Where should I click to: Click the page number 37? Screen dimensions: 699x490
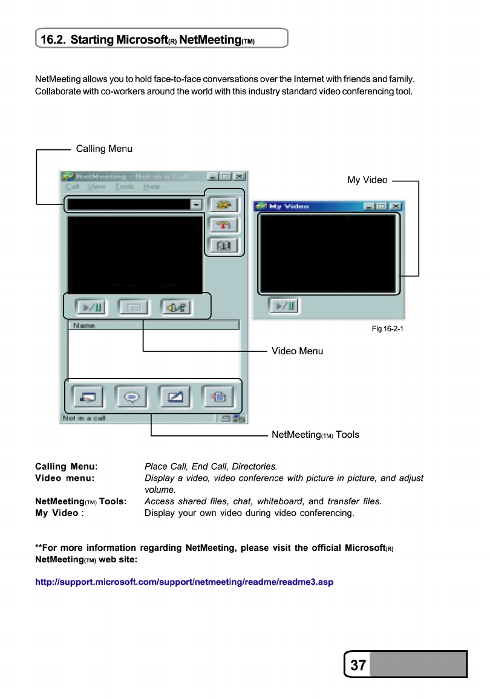(358, 665)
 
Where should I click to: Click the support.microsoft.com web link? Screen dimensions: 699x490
(185, 582)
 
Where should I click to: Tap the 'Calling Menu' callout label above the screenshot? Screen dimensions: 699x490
(104, 149)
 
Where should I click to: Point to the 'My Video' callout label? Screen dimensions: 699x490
(367, 180)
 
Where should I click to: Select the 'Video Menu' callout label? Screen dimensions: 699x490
(297, 351)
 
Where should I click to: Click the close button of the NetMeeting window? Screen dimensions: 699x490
(240, 176)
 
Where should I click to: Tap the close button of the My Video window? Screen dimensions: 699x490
(396, 206)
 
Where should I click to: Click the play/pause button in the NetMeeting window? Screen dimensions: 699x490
(91, 307)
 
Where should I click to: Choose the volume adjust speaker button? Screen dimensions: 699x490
(177, 307)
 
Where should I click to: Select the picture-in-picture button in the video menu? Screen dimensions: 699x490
(134, 307)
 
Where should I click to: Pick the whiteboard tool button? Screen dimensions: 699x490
(175, 397)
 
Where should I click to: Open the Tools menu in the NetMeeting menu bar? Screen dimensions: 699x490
(124, 187)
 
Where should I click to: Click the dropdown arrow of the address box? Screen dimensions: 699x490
(196, 204)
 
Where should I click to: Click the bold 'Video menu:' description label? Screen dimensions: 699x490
(65, 478)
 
